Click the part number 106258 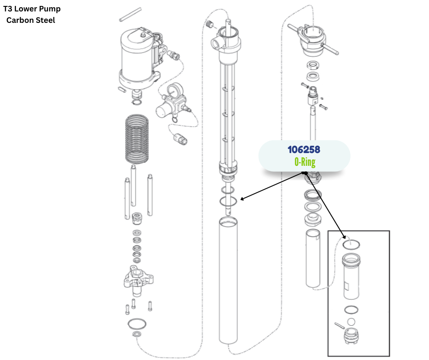[x=304, y=149]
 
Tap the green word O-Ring [x=304, y=162]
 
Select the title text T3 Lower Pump [x=32, y=9]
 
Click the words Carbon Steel [x=31, y=20]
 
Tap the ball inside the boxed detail [x=351, y=322]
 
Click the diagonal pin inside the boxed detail [x=339, y=325]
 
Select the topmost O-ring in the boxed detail [x=351, y=244]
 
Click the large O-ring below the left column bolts [x=137, y=324]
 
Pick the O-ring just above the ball [x=351, y=309]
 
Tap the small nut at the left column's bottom [x=136, y=335]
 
